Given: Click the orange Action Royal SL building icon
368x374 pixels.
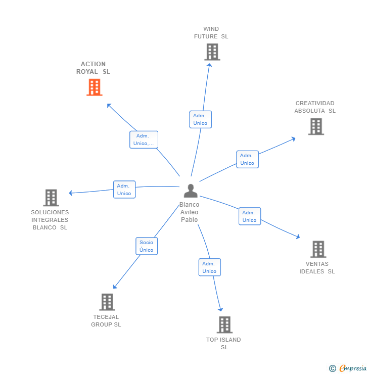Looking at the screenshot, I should [94, 87].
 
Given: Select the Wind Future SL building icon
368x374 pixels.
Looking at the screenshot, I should [212, 52].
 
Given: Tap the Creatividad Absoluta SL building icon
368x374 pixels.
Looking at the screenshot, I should [316, 126].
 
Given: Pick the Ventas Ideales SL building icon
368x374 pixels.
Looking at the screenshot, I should [318, 249].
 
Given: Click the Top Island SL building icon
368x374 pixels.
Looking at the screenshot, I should [224, 324].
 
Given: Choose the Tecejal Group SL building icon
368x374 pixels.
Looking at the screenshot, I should [107, 302].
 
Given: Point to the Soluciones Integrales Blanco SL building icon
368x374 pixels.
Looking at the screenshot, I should [51, 198].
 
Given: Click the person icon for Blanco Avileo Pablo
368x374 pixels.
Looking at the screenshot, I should [191, 191].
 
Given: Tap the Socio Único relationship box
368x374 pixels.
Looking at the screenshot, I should [147, 246].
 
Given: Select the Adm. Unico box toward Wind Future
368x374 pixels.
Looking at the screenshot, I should [200, 119].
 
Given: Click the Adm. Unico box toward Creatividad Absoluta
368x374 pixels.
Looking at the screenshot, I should [247, 159].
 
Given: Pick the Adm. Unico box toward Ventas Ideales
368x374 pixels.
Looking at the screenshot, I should [249, 216].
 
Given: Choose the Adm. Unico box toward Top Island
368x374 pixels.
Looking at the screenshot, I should [209, 267].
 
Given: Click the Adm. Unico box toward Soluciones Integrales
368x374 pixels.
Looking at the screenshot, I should [124, 190].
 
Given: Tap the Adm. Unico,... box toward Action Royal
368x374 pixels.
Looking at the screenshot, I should [144, 139].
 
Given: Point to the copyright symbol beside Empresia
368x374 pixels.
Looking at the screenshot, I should [332, 368].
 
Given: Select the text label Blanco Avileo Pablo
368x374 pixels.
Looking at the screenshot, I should [190, 212].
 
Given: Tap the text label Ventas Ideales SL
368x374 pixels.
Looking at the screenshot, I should [317, 267].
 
